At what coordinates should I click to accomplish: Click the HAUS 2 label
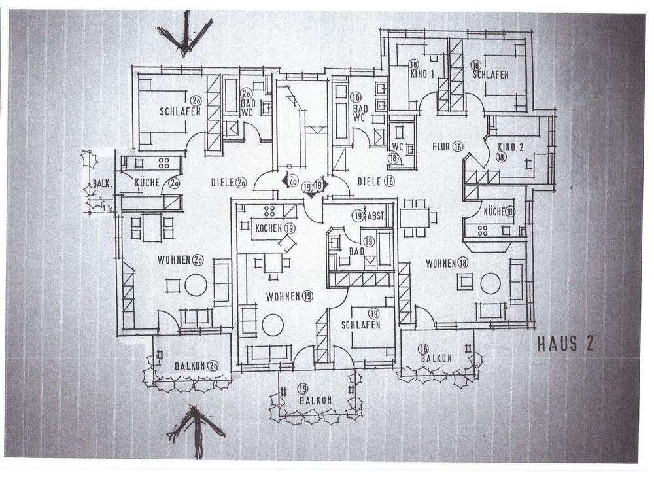(x=565, y=344)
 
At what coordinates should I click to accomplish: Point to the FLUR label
(x=441, y=147)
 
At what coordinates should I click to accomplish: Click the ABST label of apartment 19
(x=377, y=215)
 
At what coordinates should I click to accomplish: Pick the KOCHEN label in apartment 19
(x=269, y=228)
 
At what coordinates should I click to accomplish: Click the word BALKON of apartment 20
(x=190, y=366)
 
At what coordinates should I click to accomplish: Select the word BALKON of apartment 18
(x=436, y=359)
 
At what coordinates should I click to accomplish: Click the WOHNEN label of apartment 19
(x=283, y=296)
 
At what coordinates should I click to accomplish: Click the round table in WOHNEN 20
(x=196, y=285)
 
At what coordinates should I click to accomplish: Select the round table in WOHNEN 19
(x=272, y=325)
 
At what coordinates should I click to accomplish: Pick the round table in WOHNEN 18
(x=490, y=283)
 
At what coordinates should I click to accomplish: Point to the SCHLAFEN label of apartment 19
(x=361, y=325)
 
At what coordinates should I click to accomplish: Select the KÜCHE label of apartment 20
(x=148, y=184)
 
